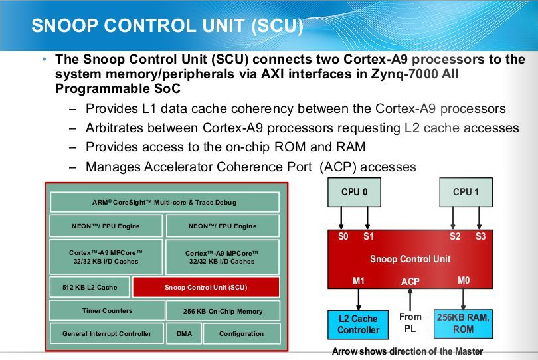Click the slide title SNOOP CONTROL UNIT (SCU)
(167, 27)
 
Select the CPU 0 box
(354, 193)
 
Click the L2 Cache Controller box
(358, 324)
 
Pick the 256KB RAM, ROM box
(464, 323)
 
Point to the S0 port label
(343, 236)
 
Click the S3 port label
(480, 236)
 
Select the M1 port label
(359, 280)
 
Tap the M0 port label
(464, 280)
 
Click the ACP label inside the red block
(410, 282)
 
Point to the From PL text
(410, 323)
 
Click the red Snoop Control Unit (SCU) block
(205, 288)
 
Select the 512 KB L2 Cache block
(89, 288)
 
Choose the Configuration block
(241, 333)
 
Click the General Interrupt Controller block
(107, 333)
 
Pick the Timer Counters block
(107, 310)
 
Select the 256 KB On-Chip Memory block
(223, 311)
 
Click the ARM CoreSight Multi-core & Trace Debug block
(164, 202)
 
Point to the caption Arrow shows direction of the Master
(407, 351)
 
